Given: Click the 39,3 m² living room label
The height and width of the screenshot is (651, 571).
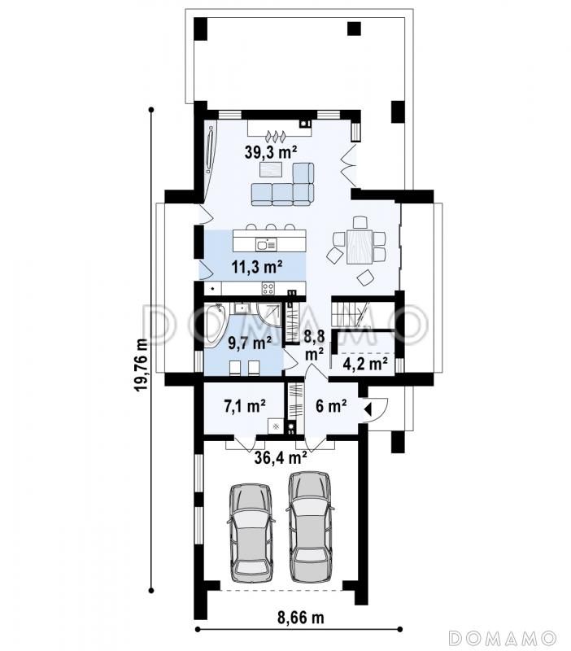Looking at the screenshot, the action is pyautogui.click(x=270, y=152).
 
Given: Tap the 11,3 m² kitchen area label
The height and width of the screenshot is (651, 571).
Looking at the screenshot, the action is pyautogui.click(x=257, y=267).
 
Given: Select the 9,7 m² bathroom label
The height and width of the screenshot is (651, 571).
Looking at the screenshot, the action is pyautogui.click(x=251, y=343).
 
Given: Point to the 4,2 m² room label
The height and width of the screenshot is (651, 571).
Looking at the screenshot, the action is pyautogui.click(x=365, y=364).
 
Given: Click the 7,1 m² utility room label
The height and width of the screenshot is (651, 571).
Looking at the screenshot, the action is pyautogui.click(x=246, y=405).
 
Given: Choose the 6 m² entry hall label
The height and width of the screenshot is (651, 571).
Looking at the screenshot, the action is pyautogui.click(x=331, y=405).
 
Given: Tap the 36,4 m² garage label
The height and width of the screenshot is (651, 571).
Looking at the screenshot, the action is pyautogui.click(x=281, y=457).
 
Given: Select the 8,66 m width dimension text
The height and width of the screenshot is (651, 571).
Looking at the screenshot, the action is pyautogui.click(x=300, y=618).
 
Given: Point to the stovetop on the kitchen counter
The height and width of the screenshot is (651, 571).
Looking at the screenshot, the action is pyautogui.click(x=268, y=288).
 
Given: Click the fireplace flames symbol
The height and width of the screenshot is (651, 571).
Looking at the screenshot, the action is pyautogui.click(x=276, y=135).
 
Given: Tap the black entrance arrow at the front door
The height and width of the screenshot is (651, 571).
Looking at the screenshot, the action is pyautogui.click(x=367, y=409).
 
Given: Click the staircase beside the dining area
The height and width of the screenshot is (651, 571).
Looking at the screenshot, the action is pyautogui.click(x=350, y=314).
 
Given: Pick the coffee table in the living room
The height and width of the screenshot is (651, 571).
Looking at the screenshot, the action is pyautogui.click(x=270, y=170).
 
